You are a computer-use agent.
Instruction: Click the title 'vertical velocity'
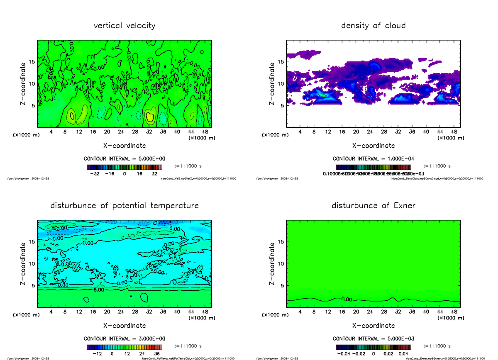coord(124,26)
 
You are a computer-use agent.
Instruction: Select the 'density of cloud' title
coord(373,26)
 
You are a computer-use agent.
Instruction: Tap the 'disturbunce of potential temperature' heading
coord(124,206)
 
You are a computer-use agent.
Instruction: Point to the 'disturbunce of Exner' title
coord(373,206)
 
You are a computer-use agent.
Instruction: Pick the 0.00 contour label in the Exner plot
coord(347,299)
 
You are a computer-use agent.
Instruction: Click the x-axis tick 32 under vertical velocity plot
coord(149,132)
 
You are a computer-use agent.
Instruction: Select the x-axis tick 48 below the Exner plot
coord(454,311)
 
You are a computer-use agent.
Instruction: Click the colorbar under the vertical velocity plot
coord(124,167)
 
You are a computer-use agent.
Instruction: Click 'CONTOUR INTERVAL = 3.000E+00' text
coord(124,338)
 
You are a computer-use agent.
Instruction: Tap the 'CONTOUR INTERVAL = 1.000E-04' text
coord(373,159)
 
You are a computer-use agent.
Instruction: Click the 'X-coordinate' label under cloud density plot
coord(373,146)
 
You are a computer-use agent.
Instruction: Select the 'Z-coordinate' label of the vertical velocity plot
coord(24,83)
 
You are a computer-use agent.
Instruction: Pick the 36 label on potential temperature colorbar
coord(157,354)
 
